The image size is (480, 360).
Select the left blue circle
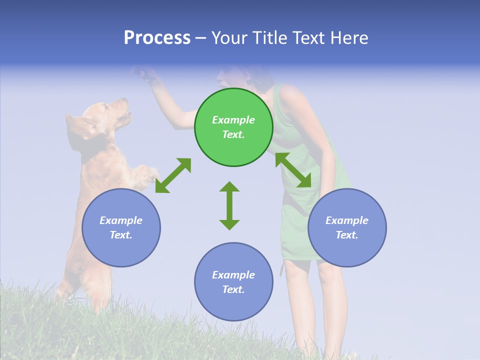click(x=121, y=227)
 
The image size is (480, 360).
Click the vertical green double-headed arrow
click(x=229, y=205)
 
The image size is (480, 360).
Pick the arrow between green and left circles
click(x=173, y=175)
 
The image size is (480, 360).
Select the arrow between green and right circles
click(x=293, y=170)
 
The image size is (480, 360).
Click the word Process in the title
click(x=157, y=38)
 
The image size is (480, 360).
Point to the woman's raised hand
click(x=145, y=74)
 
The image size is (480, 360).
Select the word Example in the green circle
click(x=233, y=120)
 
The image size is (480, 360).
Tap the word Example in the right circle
click(x=347, y=220)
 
